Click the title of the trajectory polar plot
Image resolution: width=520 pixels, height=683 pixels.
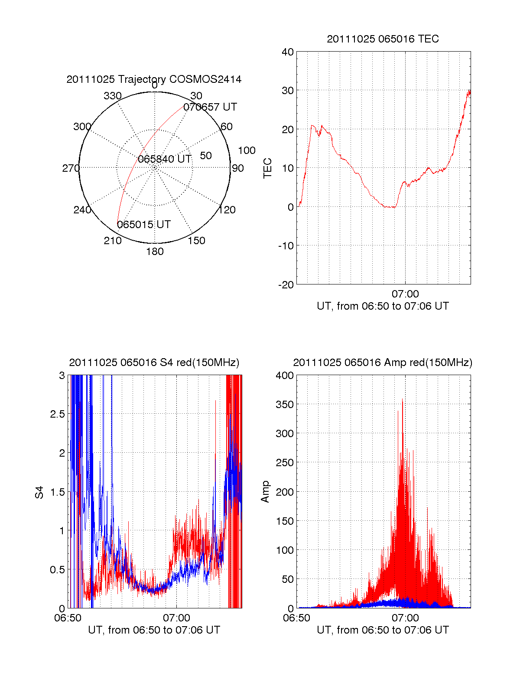click(x=154, y=79)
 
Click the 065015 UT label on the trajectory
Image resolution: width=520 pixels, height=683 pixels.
click(x=144, y=225)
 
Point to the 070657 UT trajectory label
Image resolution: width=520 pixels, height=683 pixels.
click(x=210, y=107)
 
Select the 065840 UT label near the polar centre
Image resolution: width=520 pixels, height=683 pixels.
click(x=165, y=159)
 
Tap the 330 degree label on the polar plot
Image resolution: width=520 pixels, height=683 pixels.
click(x=113, y=96)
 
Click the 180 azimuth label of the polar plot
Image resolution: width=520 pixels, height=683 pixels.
click(x=155, y=252)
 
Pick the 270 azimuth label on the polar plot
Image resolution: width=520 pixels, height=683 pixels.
click(x=71, y=168)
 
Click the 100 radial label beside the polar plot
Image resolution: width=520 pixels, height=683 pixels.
click(x=247, y=150)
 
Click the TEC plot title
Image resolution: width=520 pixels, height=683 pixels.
click(x=383, y=39)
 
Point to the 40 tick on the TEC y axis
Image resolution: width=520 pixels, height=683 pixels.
click(x=288, y=52)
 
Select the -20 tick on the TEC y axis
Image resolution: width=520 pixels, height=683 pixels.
click(x=286, y=284)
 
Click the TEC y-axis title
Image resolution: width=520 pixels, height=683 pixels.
click(x=268, y=168)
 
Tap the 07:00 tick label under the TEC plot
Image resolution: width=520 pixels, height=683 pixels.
click(x=405, y=294)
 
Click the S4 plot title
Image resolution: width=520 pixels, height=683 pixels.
click(x=154, y=363)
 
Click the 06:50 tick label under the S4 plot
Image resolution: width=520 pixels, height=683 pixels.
click(x=68, y=618)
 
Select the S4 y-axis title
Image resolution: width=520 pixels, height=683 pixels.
click(x=39, y=492)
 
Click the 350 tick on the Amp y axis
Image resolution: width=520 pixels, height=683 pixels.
click(x=285, y=405)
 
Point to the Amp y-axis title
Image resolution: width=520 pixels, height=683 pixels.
click(x=265, y=492)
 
